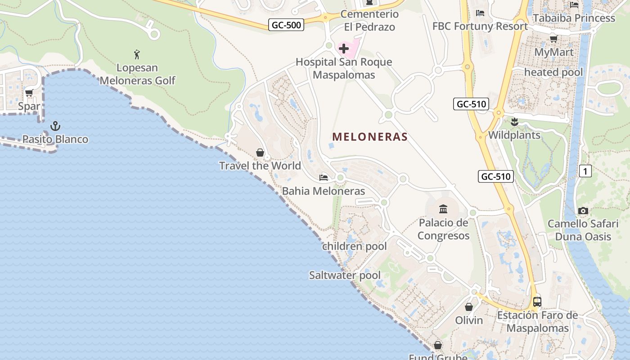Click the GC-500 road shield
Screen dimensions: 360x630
pos(287,25)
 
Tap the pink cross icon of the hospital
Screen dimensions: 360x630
pos(344,48)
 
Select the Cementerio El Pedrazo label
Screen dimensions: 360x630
pos(369,21)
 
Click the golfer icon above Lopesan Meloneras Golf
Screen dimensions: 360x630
pos(137,55)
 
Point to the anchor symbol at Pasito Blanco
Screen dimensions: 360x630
pos(55,126)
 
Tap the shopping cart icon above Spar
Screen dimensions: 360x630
pos(29,93)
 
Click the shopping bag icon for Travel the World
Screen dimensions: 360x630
pos(260,153)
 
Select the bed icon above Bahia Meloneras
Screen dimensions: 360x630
pos(324,177)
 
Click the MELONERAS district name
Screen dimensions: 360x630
pos(370,137)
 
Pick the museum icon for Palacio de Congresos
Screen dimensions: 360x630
pos(443,209)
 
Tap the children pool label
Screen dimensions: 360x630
pos(354,246)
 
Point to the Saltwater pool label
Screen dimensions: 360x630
pos(345,275)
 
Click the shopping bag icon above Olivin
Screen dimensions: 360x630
pos(469,307)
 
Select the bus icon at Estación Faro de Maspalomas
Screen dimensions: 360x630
pos(537,301)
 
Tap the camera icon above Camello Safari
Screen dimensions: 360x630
pos(583,211)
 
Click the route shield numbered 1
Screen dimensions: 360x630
pos(585,171)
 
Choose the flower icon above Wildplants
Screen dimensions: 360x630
pos(514,121)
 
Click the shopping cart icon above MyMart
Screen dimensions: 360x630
pos(553,39)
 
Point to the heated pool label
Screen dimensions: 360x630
pos(553,72)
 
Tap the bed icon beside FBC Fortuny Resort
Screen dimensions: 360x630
pos(480,13)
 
